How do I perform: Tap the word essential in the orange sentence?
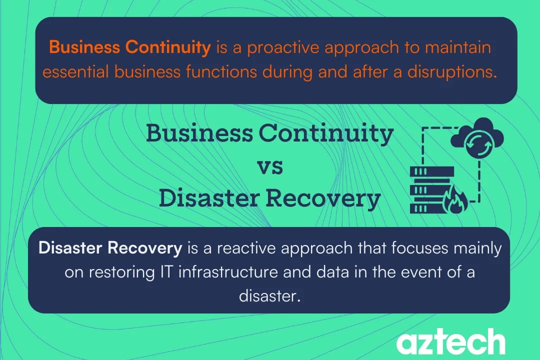(76, 72)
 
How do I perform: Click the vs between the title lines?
(269, 166)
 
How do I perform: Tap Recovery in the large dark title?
(322, 199)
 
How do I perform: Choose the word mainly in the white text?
(479, 248)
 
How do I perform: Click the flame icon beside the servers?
(456, 201)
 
